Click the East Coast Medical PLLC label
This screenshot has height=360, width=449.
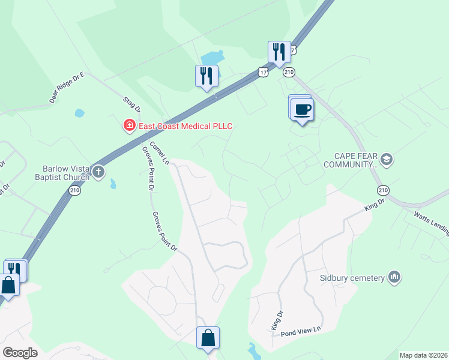pos(185,126)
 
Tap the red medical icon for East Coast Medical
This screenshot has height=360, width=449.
pos(128,125)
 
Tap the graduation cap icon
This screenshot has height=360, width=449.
pos(386,159)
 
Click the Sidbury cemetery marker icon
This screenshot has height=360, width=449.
pos(394,277)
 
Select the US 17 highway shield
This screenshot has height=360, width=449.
pos(263,71)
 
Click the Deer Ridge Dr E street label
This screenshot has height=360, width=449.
pos(67,89)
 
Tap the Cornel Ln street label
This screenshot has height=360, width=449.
pos(159,152)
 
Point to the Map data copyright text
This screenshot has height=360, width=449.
pos(423,355)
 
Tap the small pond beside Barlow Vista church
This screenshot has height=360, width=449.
pos(113,184)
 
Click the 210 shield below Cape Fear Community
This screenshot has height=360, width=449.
pos(383,190)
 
